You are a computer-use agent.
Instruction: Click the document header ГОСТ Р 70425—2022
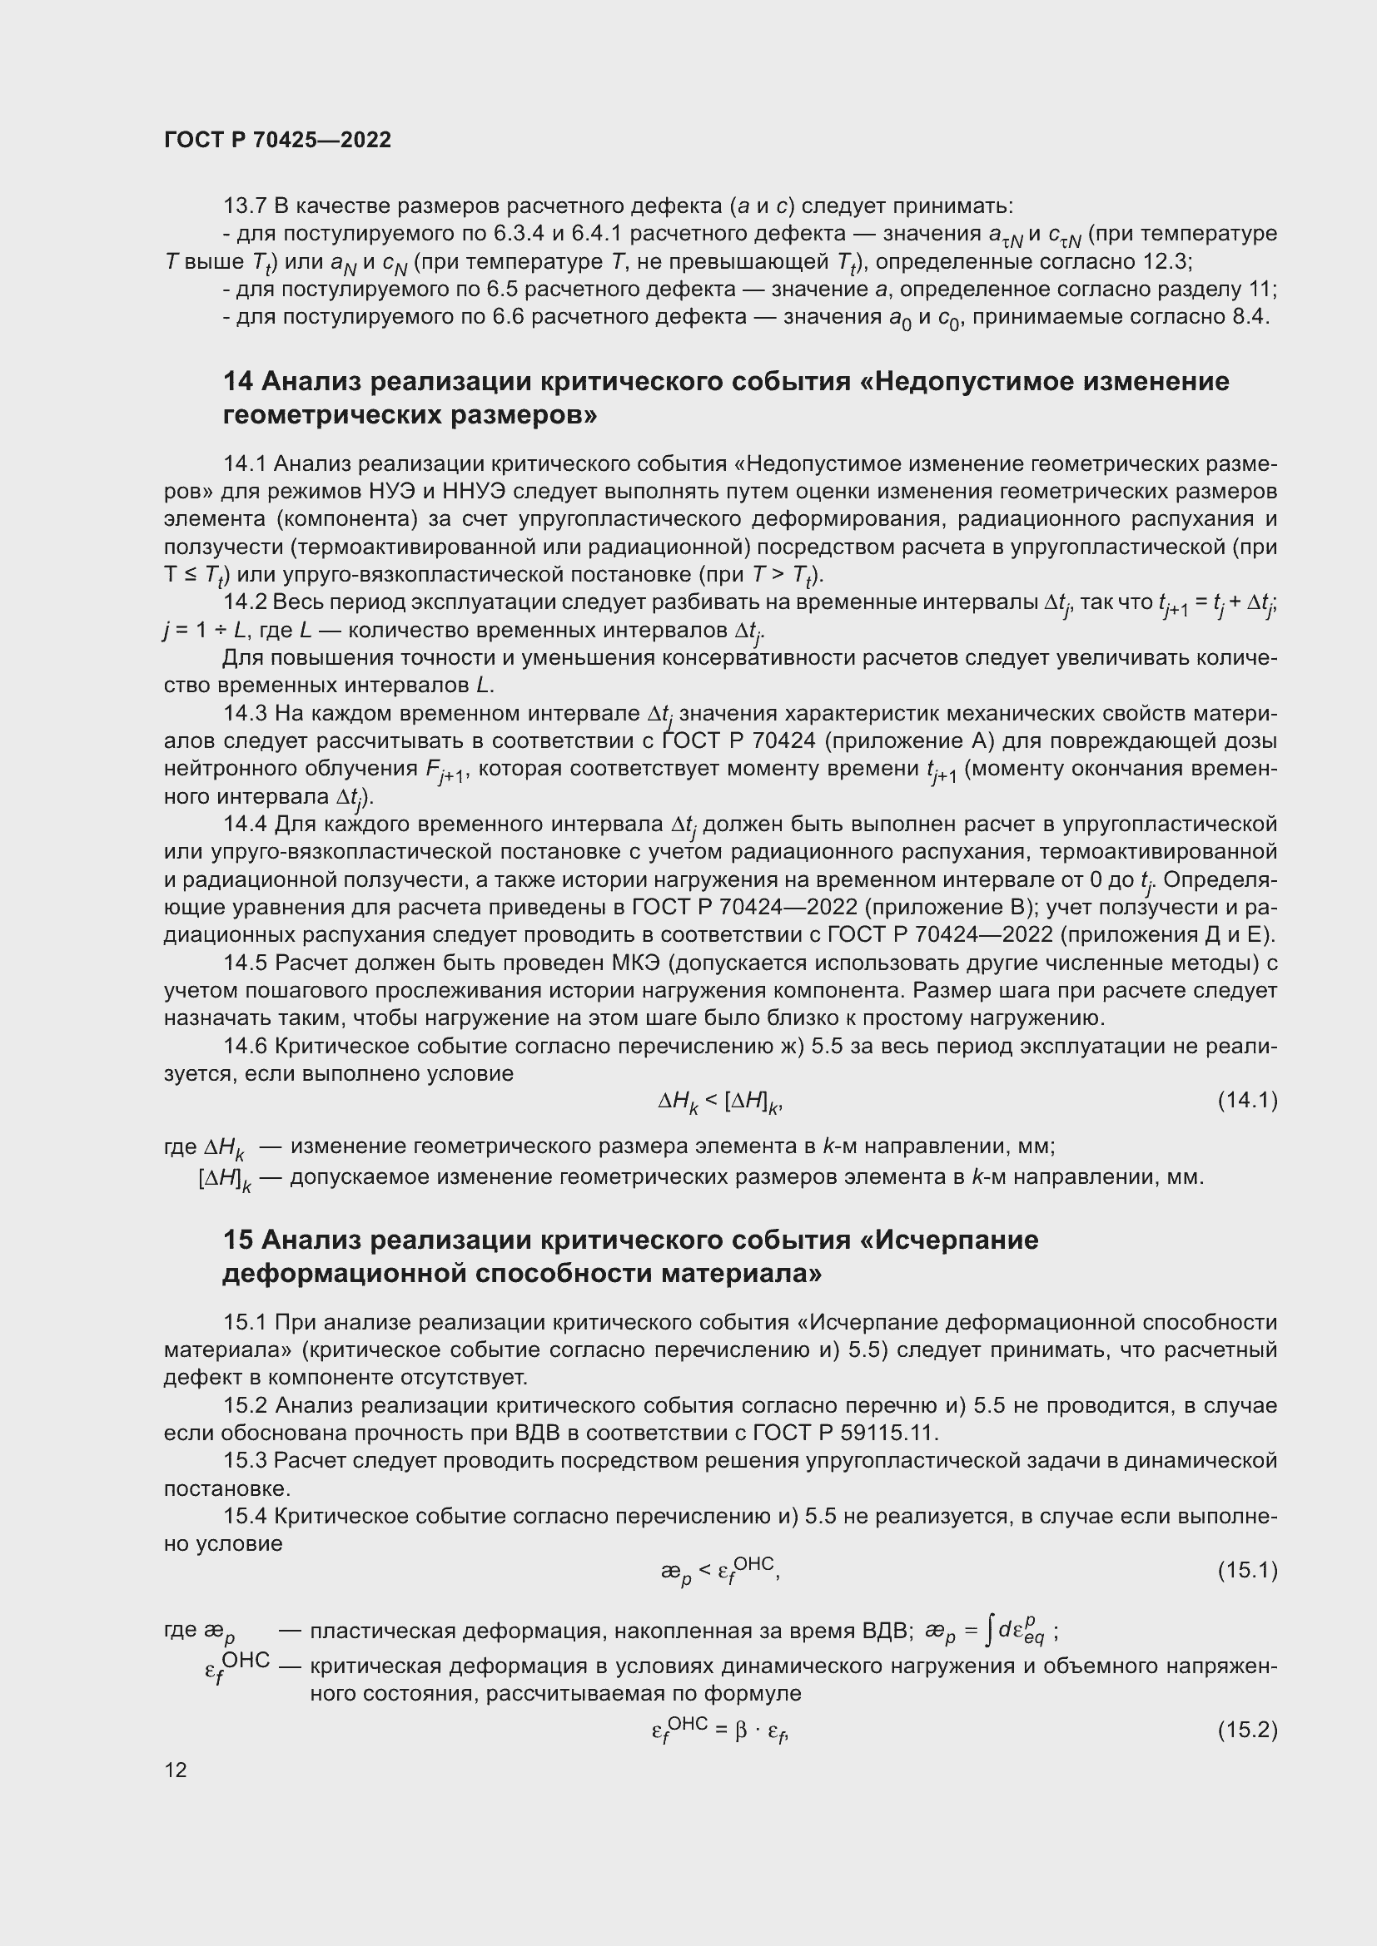tap(277, 140)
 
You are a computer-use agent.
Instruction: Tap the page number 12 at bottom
tap(176, 1770)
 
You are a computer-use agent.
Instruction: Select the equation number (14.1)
tap(1246, 1100)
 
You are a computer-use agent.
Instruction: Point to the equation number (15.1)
tap(1246, 1571)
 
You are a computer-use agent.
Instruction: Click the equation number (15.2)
tap(1246, 1730)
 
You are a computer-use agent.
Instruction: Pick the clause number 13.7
tap(244, 206)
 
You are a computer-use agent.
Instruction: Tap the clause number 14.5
tap(245, 963)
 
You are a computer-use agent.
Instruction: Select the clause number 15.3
tap(245, 1460)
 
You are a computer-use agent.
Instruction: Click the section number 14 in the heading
tap(237, 381)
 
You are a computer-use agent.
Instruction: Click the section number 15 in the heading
tap(237, 1240)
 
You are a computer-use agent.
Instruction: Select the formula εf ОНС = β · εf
tap(720, 1730)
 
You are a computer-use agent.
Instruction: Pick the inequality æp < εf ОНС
tap(719, 1570)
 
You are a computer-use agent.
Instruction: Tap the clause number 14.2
tap(245, 602)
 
